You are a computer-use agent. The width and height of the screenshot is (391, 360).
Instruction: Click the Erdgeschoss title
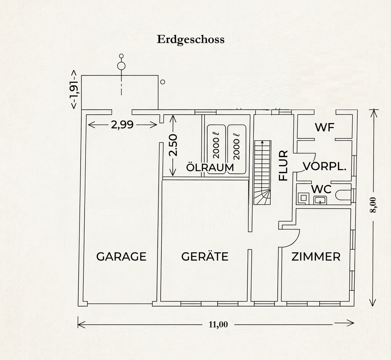tap(191, 40)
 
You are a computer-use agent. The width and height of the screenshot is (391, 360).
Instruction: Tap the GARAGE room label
tap(121, 257)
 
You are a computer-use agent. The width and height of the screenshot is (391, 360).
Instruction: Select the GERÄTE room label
tap(205, 256)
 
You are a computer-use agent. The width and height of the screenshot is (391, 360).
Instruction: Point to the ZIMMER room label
tap(316, 257)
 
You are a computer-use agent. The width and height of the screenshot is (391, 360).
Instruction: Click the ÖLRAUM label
tap(210, 167)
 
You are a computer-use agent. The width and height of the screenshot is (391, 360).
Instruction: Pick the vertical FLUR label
tap(284, 165)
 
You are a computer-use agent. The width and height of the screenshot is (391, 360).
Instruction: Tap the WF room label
tap(324, 127)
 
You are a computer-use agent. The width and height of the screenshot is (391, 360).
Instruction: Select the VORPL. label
tap(325, 166)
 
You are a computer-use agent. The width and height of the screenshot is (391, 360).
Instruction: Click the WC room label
tap(321, 189)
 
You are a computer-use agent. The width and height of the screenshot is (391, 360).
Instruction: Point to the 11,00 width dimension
tap(218, 324)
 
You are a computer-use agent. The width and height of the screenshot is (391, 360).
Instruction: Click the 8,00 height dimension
tap(373, 205)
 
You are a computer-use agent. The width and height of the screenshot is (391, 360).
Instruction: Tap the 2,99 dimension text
tap(122, 125)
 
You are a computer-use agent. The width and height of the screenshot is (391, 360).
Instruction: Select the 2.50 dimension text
tap(173, 145)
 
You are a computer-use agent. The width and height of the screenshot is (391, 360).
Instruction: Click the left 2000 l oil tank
tap(216, 149)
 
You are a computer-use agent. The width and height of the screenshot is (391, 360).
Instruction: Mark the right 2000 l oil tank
tap(236, 149)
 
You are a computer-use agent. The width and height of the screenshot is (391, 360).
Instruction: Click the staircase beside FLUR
tap(262, 172)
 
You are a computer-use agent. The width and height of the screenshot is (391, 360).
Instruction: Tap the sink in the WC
tap(320, 200)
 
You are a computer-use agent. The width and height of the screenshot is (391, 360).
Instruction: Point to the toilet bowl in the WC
tap(343, 195)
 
